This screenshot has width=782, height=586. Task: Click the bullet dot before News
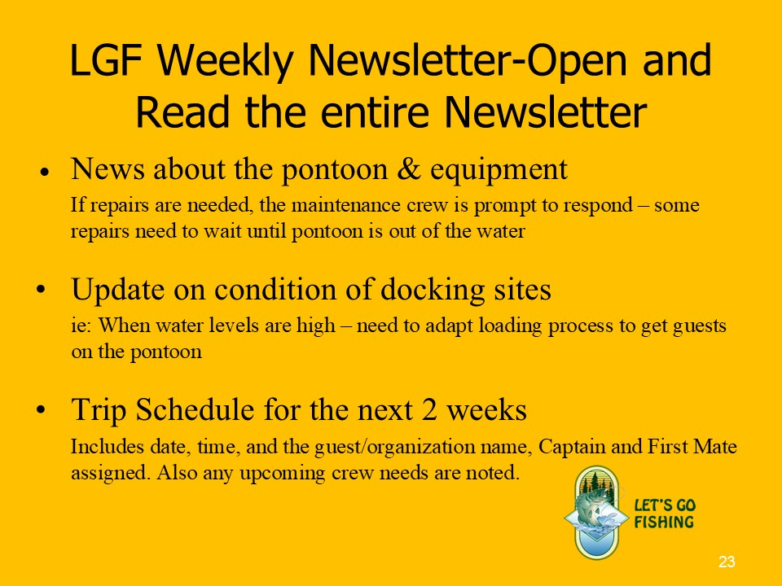tap(45, 172)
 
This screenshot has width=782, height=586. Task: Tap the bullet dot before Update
tap(41, 289)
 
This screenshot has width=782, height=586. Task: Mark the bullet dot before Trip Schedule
tap(41, 409)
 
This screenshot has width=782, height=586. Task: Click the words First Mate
tap(692, 446)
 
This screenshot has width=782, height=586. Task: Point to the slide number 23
tap(727, 562)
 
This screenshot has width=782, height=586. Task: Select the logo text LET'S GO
tap(665, 505)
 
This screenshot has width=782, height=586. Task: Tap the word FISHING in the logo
tap(664, 523)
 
